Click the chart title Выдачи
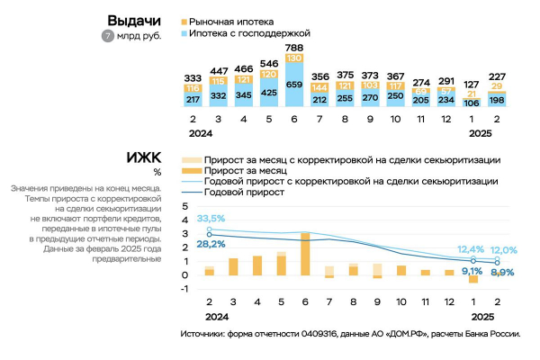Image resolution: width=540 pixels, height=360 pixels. pos(134,20)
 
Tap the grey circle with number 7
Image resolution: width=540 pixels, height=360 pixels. pos(108,37)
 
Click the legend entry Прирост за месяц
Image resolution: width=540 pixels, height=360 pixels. pos(244,168)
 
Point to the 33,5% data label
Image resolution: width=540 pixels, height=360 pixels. pos(211,219)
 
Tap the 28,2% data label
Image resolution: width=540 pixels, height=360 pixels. pos(211,243)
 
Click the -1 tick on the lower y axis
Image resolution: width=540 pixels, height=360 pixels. pos(184,289)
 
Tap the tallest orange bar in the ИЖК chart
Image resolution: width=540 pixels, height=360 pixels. pos(306,254)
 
